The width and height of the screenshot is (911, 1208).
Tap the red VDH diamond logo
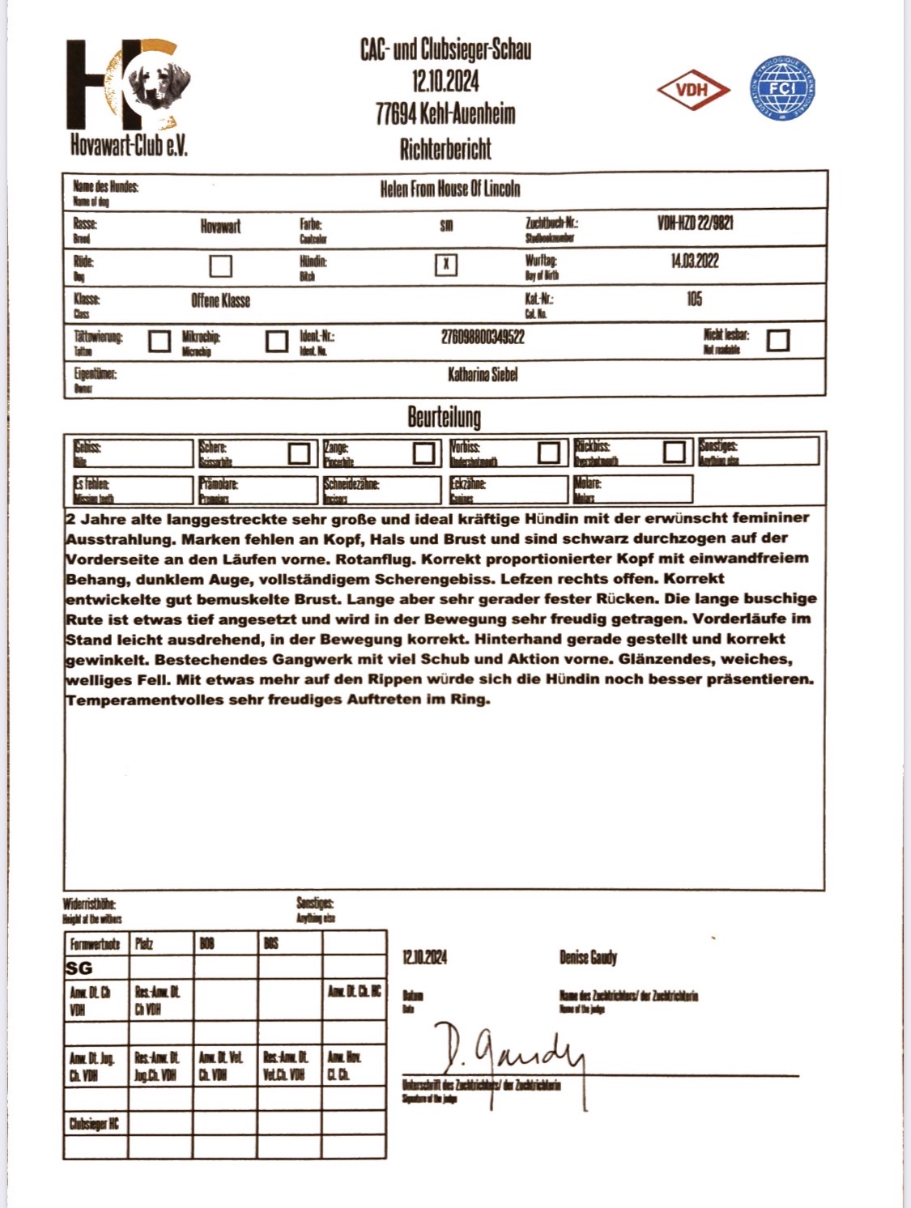pyautogui.click(x=693, y=90)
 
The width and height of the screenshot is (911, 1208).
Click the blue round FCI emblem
pyautogui.click(x=781, y=88)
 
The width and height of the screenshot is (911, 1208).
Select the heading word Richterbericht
pyautogui.click(x=445, y=149)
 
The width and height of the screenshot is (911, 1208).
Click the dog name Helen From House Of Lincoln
pyautogui.click(x=450, y=189)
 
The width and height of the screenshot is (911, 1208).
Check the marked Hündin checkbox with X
pyautogui.click(x=446, y=265)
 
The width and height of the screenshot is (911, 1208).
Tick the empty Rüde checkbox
pyautogui.click(x=220, y=266)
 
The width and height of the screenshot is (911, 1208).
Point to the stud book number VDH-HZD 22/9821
pyautogui.click(x=696, y=223)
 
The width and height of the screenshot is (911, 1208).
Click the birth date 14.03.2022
pyautogui.click(x=694, y=261)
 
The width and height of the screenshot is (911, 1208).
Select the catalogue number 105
pyautogui.click(x=694, y=300)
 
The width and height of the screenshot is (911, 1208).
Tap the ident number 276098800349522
pyautogui.click(x=483, y=337)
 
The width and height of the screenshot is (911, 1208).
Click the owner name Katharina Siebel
pyautogui.click(x=483, y=374)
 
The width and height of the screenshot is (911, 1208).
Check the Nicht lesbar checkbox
pyautogui.click(x=777, y=340)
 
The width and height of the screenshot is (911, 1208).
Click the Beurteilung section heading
pyautogui.click(x=444, y=417)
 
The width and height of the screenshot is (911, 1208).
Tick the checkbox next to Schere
pyautogui.click(x=299, y=453)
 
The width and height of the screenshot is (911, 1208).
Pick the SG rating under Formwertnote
pyautogui.click(x=79, y=968)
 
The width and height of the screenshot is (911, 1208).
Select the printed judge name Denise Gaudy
pyautogui.click(x=588, y=958)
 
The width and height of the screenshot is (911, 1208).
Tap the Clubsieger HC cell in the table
pyautogui.click(x=94, y=1124)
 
